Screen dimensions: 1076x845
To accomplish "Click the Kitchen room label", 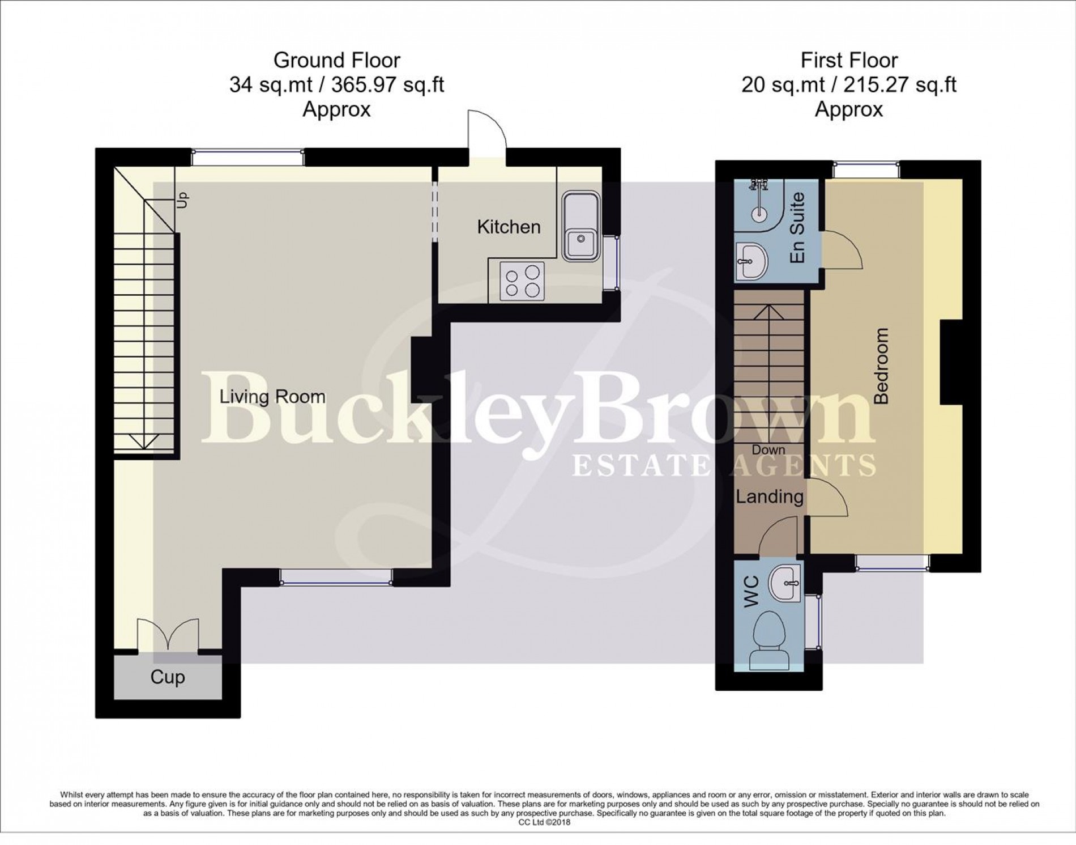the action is tap(509, 227).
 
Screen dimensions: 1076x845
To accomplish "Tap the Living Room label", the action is tap(272, 396).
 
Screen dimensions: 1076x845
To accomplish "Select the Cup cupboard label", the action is tap(168, 677).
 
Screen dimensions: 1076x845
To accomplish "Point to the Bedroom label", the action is tap(881, 366).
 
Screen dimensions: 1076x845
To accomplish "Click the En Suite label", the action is tap(797, 228).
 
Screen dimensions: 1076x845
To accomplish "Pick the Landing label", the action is tap(770, 497).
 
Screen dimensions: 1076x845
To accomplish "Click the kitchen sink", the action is tap(580, 226).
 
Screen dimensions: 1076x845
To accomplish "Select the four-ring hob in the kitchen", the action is tap(522, 281).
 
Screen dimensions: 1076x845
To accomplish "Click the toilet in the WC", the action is tap(770, 640).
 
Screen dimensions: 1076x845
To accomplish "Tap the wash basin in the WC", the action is tap(785, 583).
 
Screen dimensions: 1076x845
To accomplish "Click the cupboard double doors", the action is tap(168, 635).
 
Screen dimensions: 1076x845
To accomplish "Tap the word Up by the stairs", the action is tap(182, 199).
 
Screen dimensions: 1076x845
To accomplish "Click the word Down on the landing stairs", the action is tap(768, 450).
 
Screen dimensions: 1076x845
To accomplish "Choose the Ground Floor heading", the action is tap(336, 60).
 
